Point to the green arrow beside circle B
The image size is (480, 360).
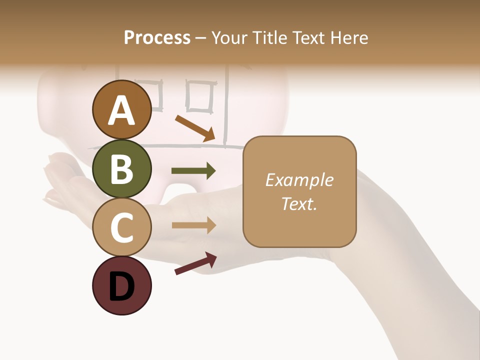click(193, 171)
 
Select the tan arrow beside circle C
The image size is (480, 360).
click(193, 225)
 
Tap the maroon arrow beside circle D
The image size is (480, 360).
click(195, 263)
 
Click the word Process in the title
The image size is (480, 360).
click(157, 37)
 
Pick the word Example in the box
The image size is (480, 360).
click(299, 180)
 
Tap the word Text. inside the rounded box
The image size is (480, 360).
click(299, 203)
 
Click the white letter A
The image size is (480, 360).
click(121, 110)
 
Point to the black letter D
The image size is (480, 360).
click(121, 286)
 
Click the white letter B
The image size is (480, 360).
click(121, 169)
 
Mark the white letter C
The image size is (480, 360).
click(121, 227)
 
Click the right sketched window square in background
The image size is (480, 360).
click(201, 96)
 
